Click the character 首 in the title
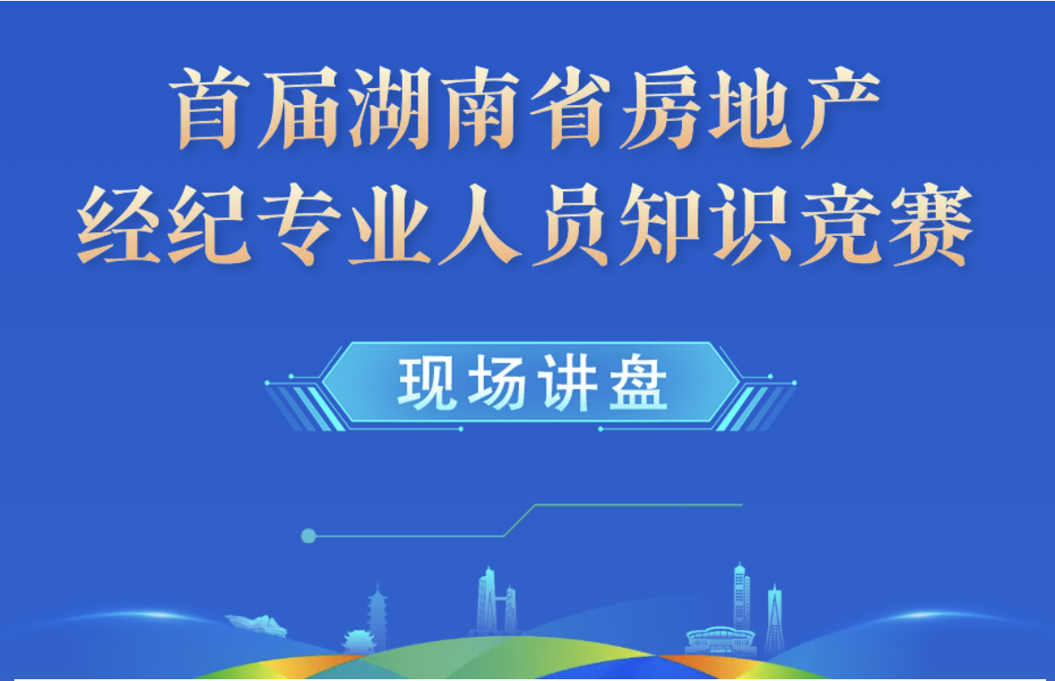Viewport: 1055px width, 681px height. coord(209,107)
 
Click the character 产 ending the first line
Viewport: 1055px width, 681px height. coord(839,107)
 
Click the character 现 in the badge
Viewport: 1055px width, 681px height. coord(426,383)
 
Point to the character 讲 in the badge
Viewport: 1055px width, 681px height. coord(567,383)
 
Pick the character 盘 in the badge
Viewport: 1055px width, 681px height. coord(638,383)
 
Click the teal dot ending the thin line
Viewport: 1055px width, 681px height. coord(308,537)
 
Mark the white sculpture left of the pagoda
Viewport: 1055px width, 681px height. coord(256,625)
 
